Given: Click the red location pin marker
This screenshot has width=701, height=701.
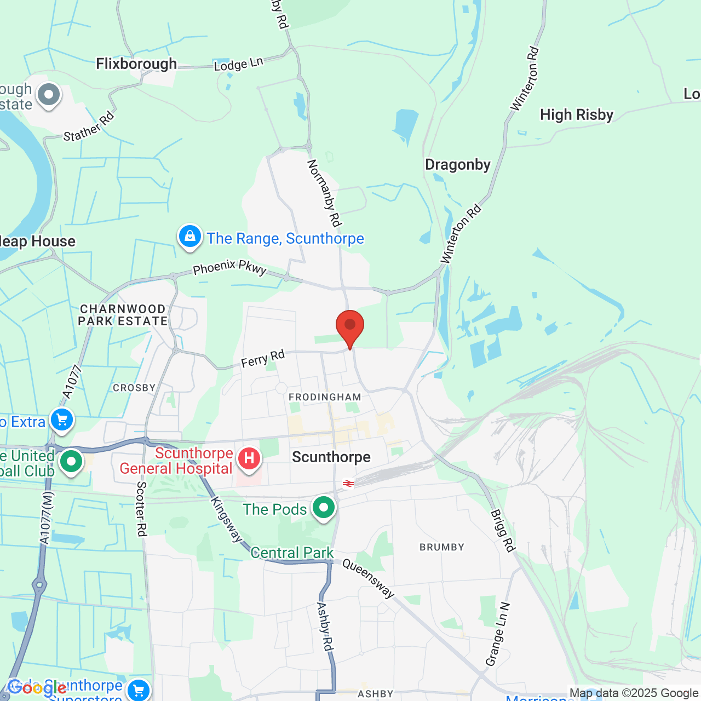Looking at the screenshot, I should [x=349, y=327].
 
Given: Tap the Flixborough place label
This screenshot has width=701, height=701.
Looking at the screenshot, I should [x=136, y=64].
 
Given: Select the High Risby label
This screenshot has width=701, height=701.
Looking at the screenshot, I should [x=576, y=115].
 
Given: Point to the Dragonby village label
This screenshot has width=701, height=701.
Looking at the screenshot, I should [x=458, y=165].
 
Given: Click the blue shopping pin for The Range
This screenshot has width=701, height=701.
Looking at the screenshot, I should [x=190, y=237].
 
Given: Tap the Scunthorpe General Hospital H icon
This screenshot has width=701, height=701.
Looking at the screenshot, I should [x=249, y=458].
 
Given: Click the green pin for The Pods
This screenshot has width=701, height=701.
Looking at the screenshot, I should [x=324, y=508].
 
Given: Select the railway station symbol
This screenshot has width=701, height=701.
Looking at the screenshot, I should [x=348, y=484].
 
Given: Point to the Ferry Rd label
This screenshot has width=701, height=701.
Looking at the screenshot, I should [x=263, y=359].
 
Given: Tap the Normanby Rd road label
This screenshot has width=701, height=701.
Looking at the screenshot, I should [x=325, y=193].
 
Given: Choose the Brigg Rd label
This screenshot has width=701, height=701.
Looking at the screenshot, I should [x=503, y=530].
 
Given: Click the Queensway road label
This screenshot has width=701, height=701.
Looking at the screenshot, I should [x=368, y=578].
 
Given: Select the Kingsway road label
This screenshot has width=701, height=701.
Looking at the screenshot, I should [x=226, y=520].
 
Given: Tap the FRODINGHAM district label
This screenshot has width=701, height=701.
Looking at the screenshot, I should [x=325, y=397].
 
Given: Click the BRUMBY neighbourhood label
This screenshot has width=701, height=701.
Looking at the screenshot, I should [x=441, y=547].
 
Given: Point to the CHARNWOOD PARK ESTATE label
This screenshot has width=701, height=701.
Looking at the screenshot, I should [x=123, y=315].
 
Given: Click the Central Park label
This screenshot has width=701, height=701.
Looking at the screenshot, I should [x=292, y=553].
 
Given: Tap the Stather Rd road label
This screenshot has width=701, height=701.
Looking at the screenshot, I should [x=89, y=126].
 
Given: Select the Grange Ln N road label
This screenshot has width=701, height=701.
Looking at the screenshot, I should [x=498, y=635].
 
